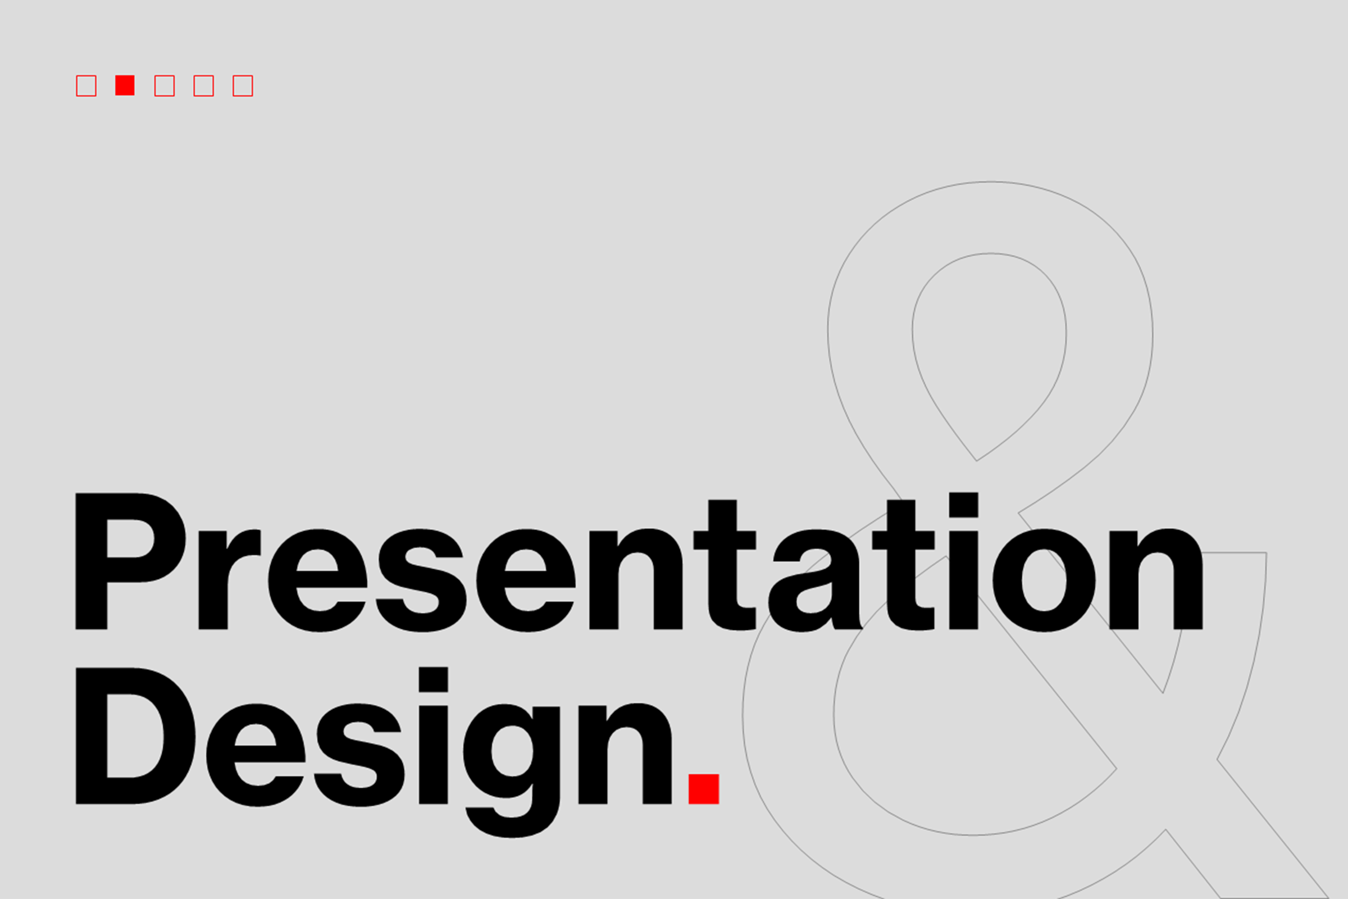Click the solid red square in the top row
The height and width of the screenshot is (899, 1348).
124,85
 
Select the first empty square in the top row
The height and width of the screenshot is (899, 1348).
86,85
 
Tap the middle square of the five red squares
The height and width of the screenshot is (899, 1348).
165,85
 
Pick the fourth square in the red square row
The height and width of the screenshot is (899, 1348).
203,85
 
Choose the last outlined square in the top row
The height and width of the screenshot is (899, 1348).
243,85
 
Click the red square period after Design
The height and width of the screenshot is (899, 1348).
703,789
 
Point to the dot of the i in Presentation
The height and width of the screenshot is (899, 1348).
963,505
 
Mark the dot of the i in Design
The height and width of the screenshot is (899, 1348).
433,679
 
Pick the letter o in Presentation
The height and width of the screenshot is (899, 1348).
1044,580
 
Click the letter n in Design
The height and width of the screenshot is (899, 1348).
625,753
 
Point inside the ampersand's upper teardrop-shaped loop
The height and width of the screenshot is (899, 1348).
989,344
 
